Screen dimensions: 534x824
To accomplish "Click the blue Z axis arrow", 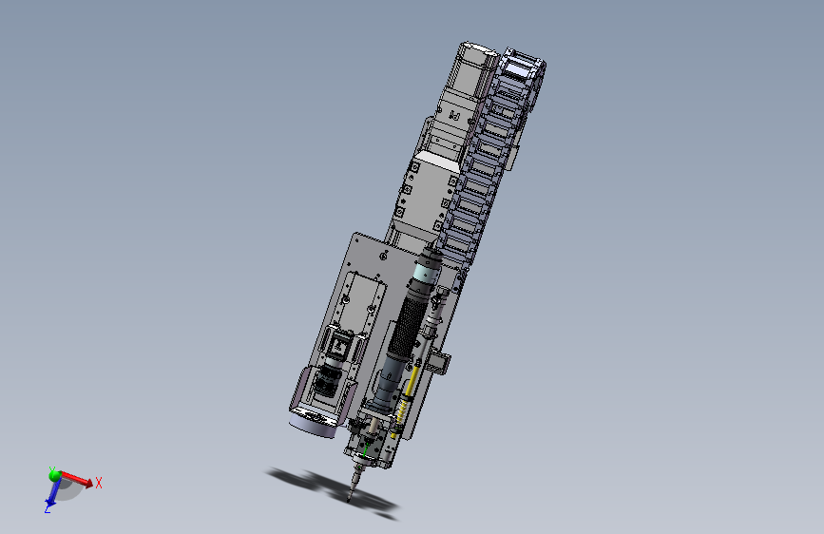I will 53,495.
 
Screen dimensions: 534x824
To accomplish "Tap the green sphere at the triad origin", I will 55,473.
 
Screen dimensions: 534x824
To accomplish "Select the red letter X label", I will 99,483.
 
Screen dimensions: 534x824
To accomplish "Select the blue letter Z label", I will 47,510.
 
